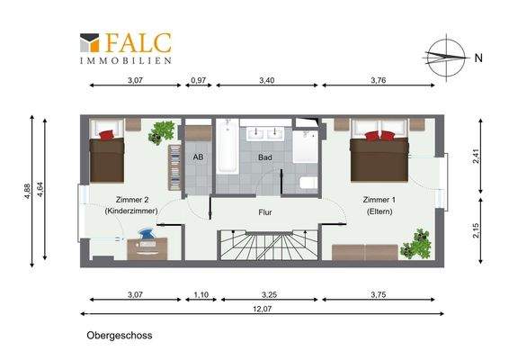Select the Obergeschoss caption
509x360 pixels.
[120, 336]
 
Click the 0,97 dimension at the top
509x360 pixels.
[199, 81]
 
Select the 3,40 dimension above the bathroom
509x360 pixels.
[266, 81]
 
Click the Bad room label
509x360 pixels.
[265, 157]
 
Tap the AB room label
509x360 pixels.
[199, 157]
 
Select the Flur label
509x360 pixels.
[265, 213]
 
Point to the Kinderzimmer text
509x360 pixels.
[131, 211]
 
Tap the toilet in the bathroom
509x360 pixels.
[306, 184]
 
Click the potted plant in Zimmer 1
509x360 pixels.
[418, 243]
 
